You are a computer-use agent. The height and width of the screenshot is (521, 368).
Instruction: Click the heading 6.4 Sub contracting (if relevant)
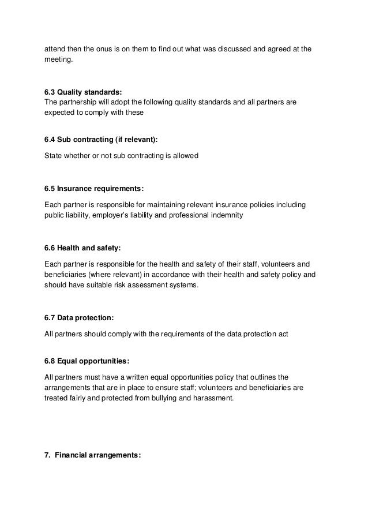pyautogui.click(x=100, y=140)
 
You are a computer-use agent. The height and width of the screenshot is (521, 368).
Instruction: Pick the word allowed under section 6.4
pyautogui.click(x=185, y=155)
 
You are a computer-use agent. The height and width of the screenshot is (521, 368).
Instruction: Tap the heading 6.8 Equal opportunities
pyautogui.click(x=87, y=361)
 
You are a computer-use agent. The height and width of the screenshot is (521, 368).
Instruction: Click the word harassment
pyautogui.click(x=212, y=398)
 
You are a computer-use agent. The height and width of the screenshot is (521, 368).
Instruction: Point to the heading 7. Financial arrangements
pyautogui.click(x=93, y=455)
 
